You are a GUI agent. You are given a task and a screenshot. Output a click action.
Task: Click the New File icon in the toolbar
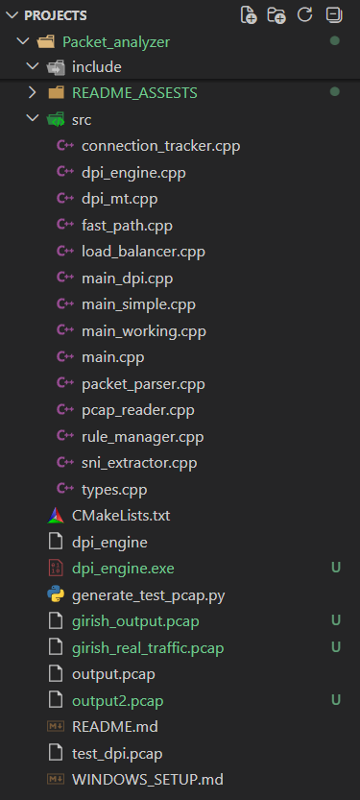[x=249, y=15]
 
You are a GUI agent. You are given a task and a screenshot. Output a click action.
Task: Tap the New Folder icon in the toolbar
[x=276, y=15]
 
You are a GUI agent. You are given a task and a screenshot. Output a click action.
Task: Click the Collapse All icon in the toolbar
[x=334, y=14]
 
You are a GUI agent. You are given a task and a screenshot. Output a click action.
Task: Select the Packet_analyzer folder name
[x=116, y=42]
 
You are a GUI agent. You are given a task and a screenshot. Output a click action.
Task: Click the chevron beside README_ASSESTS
[x=33, y=93]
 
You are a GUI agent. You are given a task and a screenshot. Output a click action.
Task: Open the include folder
[x=97, y=67]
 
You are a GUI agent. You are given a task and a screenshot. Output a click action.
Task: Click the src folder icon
[x=56, y=119]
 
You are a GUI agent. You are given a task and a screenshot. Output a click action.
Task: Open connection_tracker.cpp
[x=160, y=146]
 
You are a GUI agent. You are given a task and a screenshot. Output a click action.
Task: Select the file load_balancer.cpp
[x=143, y=252]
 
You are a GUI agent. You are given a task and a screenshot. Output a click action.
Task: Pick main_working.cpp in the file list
[x=144, y=331]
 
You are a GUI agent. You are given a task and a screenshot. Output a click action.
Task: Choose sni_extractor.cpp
[x=139, y=463]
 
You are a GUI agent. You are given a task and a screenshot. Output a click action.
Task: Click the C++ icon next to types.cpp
[x=64, y=489]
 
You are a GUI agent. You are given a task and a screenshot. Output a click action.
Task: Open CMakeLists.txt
[x=121, y=516]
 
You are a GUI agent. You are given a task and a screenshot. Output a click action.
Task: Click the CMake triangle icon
[x=56, y=516]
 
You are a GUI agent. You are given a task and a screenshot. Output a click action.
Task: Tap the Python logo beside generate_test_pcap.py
[x=56, y=594]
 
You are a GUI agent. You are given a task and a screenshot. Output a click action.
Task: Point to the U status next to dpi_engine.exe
[x=336, y=568]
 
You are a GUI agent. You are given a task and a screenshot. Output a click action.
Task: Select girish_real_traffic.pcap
[x=148, y=648]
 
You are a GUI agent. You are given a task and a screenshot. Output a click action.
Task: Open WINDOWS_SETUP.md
[x=148, y=780]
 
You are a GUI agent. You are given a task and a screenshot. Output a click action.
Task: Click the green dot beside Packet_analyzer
[x=334, y=40]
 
